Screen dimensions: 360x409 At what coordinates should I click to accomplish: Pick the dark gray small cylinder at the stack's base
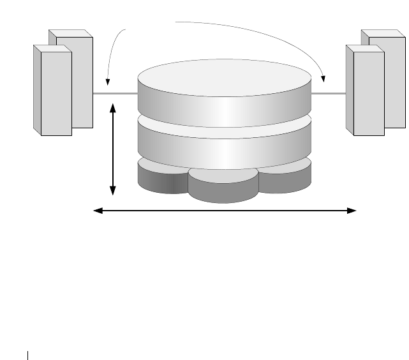pyautogui.click(x=161, y=181)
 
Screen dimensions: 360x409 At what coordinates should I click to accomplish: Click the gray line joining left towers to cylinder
pyautogui.click(x=115, y=94)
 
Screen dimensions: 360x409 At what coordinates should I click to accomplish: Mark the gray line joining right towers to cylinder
pyautogui.click(x=329, y=94)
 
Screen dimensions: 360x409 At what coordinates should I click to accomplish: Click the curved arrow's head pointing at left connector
pyautogui.click(x=108, y=82)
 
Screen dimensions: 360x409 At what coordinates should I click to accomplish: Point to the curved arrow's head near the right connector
pyautogui.click(x=323, y=80)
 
